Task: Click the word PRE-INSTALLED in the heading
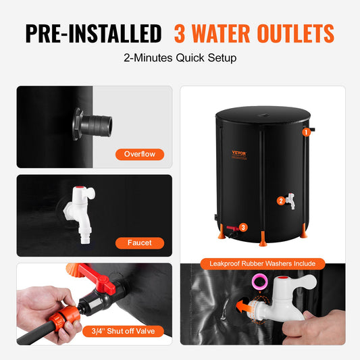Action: (x=93, y=33)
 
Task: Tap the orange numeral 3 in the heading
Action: (x=180, y=33)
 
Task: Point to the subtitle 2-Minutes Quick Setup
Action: (x=180, y=58)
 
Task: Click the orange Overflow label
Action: (x=140, y=154)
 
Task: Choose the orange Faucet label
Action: (x=139, y=242)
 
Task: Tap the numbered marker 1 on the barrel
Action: (x=306, y=133)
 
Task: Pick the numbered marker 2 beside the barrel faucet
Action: (x=280, y=201)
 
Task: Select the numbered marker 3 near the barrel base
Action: (x=244, y=228)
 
